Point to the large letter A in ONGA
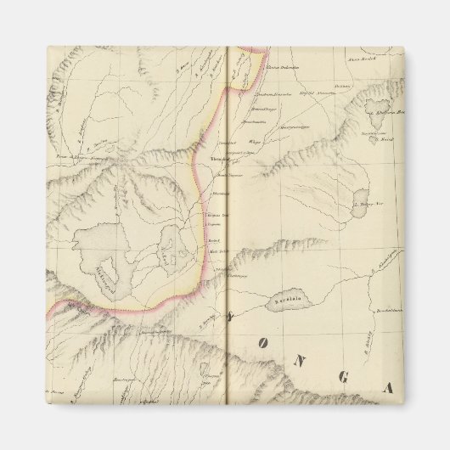(x=387, y=390)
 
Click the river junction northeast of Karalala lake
(x=330, y=280)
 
